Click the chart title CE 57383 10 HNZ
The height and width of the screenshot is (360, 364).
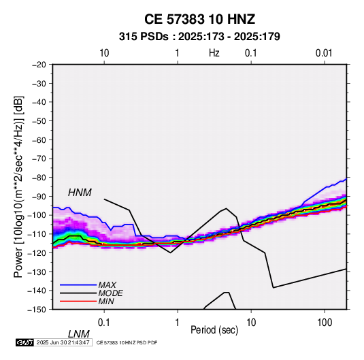199,19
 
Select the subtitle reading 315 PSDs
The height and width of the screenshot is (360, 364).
144,37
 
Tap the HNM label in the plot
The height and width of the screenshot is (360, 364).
80,193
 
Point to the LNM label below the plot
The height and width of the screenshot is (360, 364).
79,334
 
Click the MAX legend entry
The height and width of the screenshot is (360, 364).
107,284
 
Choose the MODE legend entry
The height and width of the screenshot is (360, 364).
110,293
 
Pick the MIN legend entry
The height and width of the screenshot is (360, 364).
106,301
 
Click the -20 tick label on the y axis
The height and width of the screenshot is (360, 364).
39,65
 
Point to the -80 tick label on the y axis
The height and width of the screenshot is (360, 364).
39,178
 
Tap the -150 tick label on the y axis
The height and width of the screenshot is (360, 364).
37,310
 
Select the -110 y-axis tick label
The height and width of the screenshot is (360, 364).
37,234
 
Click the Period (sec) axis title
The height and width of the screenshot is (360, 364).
214,330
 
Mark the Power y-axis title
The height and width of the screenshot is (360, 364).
18,187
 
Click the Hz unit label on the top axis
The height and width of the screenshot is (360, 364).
214,53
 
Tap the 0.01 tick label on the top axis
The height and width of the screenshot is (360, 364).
324,53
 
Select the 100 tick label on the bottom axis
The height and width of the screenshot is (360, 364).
325,323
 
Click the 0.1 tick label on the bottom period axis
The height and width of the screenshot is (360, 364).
104,323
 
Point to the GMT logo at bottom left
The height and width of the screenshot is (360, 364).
25,342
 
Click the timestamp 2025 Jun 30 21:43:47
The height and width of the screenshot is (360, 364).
63,342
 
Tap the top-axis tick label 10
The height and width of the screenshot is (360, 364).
104,53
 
